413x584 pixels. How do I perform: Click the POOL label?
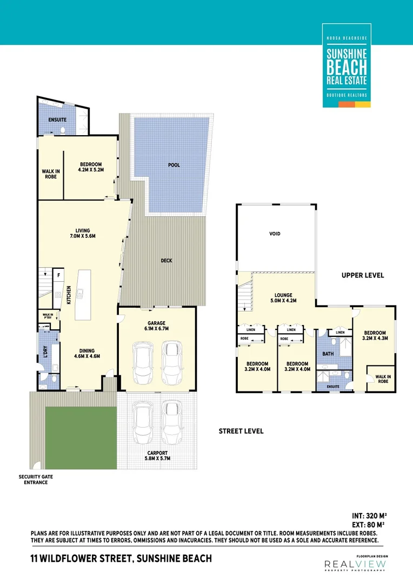pos(174,165)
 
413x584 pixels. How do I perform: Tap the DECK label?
pos(166,261)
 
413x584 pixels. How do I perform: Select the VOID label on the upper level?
pos(275,234)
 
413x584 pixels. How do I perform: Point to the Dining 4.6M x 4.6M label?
pos(87,353)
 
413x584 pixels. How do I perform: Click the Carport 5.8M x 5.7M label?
pos(156,455)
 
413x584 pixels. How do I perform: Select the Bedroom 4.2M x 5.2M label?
pos(91,167)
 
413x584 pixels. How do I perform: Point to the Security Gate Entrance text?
pos(35,480)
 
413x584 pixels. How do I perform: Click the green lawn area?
pos(81,439)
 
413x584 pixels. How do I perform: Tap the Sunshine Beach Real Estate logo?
pos(347,65)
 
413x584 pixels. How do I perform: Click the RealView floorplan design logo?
pos(356,565)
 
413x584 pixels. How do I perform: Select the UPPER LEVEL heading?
pos(363,275)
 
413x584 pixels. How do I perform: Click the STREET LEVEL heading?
pos(241,431)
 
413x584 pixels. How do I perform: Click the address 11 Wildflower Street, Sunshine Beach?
pos(121,558)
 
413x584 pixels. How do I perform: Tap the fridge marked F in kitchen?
pos(58,275)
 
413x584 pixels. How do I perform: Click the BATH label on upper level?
pos(328,354)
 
